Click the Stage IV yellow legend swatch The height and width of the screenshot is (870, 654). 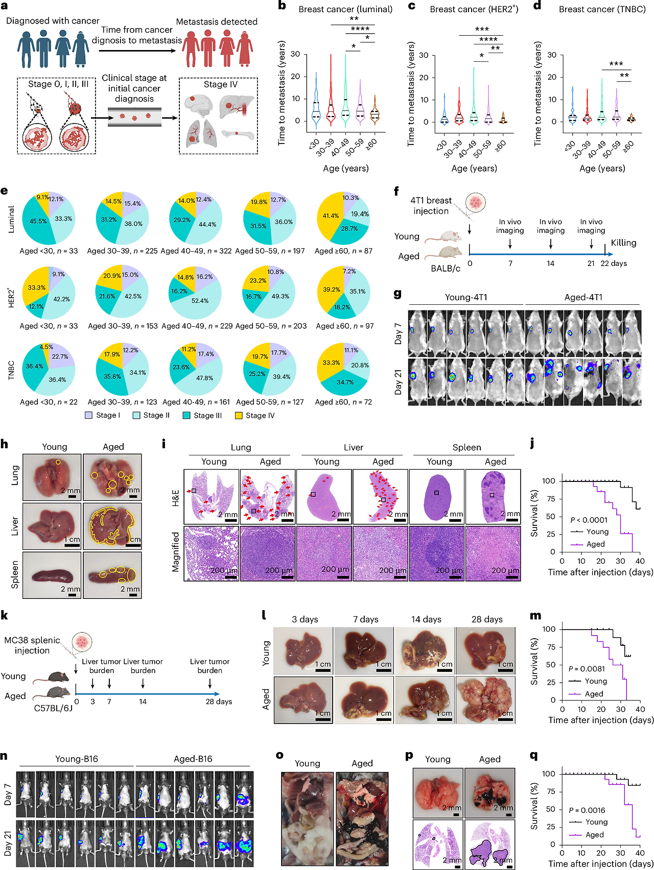point(239,416)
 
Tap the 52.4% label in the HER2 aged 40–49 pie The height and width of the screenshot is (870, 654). point(200,301)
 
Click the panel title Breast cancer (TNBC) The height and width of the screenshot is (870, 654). point(602,9)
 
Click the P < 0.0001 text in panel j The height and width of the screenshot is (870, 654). point(589,520)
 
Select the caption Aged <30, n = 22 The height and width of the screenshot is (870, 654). point(49,402)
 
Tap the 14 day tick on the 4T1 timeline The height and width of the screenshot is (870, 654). point(550,263)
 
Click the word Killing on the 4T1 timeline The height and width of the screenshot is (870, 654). point(623,243)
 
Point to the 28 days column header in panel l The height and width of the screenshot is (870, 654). point(487,619)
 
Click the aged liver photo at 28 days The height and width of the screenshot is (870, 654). point(485,700)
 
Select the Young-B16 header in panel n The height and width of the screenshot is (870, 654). point(77,759)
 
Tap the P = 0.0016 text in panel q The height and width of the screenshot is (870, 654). point(587,810)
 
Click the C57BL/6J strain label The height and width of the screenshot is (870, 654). point(53,708)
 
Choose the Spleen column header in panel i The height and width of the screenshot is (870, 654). point(466,447)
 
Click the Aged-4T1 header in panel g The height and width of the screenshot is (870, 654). point(583,297)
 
